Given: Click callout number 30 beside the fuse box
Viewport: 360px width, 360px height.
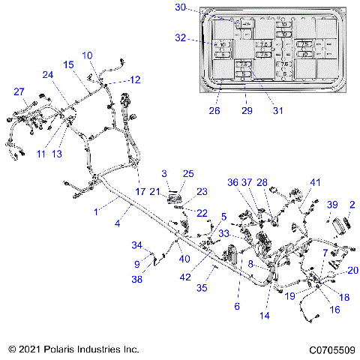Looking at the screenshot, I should [180, 7].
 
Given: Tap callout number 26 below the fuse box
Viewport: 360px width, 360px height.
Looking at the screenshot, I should [214, 111].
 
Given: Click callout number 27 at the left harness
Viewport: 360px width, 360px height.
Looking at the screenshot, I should [19, 91].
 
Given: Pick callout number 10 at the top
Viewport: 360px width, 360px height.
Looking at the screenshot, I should [87, 55].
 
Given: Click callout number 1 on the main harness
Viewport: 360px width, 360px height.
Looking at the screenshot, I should [95, 213].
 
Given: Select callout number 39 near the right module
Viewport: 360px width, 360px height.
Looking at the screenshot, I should [332, 205].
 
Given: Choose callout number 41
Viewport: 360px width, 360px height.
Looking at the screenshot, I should [316, 183].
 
